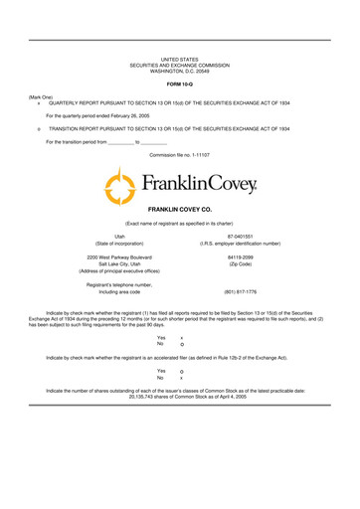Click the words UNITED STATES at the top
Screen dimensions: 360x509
[x=180, y=60]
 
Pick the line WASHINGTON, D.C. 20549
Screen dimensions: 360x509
[x=180, y=72]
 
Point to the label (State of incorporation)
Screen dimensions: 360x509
[x=119, y=244]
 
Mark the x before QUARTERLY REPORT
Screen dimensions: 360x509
[x=37, y=102]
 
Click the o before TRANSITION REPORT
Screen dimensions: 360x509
[x=37, y=128]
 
